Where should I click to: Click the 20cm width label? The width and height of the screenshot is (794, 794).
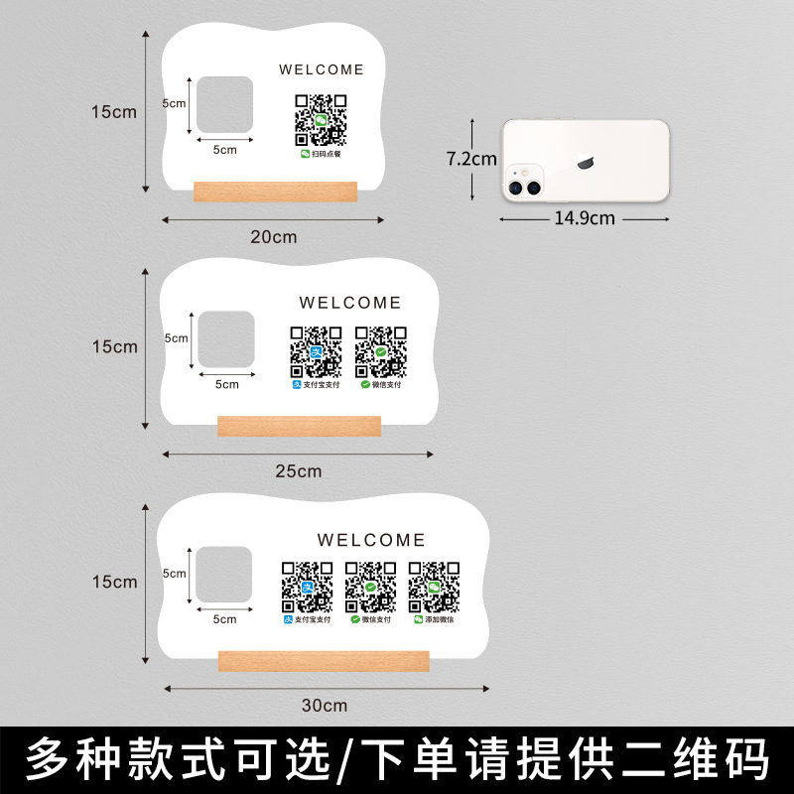(x=273, y=237)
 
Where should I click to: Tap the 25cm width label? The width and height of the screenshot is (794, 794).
(x=299, y=471)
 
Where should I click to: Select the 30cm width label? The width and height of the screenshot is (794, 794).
(x=324, y=706)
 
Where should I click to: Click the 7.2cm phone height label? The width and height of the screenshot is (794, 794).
(x=470, y=159)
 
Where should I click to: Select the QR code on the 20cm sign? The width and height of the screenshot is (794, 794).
(x=321, y=119)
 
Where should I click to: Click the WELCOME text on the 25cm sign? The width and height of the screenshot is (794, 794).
(x=350, y=303)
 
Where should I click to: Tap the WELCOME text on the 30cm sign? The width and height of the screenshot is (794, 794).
(x=371, y=540)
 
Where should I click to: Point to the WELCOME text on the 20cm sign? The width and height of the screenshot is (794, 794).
(x=322, y=69)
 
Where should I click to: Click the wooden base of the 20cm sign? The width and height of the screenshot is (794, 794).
(x=275, y=191)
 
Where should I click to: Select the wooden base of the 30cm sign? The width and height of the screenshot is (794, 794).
(x=324, y=660)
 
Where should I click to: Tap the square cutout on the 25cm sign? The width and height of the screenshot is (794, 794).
(x=226, y=338)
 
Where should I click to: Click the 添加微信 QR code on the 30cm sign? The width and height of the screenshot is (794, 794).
(x=434, y=588)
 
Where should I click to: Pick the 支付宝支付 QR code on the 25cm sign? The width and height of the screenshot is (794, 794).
(x=316, y=351)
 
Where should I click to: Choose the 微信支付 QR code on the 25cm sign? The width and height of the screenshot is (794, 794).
(x=381, y=351)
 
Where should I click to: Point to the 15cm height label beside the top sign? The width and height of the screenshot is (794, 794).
(x=114, y=112)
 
